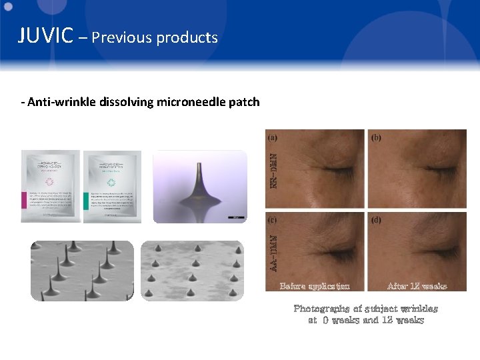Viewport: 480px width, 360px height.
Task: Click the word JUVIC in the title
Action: click(x=45, y=35)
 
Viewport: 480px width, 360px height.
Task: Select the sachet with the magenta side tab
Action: click(x=50, y=186)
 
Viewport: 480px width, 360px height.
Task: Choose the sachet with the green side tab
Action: click(x=112, y=186)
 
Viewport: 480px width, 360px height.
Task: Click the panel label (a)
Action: click(x=273, y=138)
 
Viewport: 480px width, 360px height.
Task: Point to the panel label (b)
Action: click(x=377, y=138)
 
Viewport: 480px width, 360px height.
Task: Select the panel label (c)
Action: click(x=273, y=219)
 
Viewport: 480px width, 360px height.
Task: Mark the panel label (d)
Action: click(x=377, y=219)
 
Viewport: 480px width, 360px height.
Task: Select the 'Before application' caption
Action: click(x=315, y=286)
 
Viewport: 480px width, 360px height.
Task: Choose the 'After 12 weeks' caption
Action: click(x=417, y=286)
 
